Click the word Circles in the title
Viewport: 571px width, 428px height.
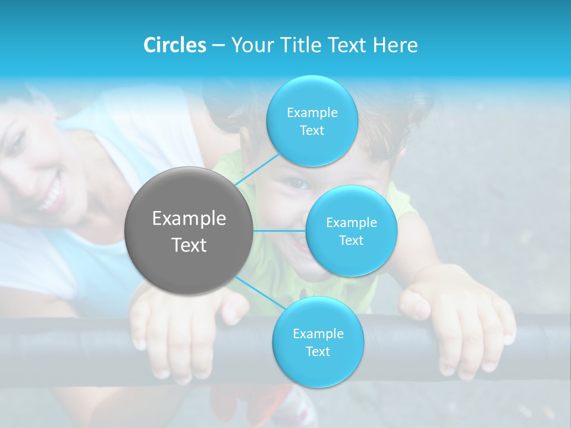(x=175, y=45)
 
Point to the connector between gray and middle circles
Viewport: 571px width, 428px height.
(x=280, y=231)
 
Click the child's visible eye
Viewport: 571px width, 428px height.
(x=299, y=184)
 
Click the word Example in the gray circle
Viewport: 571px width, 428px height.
(x=189, y=219)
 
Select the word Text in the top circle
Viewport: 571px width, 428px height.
(x=312, y=131)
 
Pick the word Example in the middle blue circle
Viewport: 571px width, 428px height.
(x=352, y=223)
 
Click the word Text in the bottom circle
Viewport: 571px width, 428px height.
(x=318, y=351)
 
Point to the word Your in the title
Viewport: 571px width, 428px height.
(x=250, y=45)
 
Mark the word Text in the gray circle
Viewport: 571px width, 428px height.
(x=189, y=245)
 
